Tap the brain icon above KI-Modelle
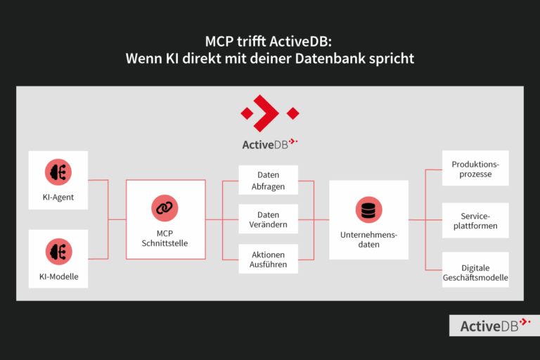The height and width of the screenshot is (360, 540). (58, 251)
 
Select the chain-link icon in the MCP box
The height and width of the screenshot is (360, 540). (165, 208)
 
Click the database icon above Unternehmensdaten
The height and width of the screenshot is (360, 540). (368, 210)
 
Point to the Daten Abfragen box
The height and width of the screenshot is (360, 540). (268, 180)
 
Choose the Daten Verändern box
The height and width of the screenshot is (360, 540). (268, 219)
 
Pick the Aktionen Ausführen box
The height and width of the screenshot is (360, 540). (268, 259)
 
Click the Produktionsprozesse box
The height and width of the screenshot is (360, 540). (475, 169)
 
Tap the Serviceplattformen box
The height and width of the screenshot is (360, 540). (475, 220)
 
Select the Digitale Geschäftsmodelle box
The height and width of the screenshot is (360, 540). (475, 271)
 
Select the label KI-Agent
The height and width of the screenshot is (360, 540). (58, 198)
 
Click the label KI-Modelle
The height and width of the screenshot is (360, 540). (58, 276)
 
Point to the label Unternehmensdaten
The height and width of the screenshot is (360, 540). (368, 239)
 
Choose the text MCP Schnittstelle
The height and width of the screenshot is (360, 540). (165, 238)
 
